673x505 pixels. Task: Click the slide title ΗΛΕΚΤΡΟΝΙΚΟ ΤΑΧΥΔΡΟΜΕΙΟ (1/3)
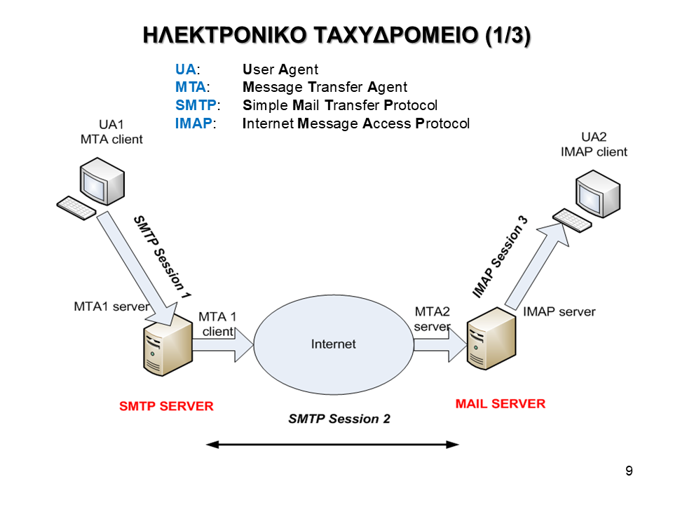[336, 36]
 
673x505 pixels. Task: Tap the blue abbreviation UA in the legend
[186, 69]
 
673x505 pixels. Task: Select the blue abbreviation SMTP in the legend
[195, 106]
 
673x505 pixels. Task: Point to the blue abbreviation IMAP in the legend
[193, 124]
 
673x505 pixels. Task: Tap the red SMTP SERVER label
[166, 406]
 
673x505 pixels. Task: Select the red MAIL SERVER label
[500, 403]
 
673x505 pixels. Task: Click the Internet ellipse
[333, 344]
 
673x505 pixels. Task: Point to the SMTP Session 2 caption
[339, 419]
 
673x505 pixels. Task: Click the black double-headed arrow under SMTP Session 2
[332, 444]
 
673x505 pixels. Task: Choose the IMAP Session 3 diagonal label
[499, 257]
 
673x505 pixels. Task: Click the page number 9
[629, 471]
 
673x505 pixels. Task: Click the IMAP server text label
[559, 311]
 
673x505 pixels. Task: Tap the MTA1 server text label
[111, 307]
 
